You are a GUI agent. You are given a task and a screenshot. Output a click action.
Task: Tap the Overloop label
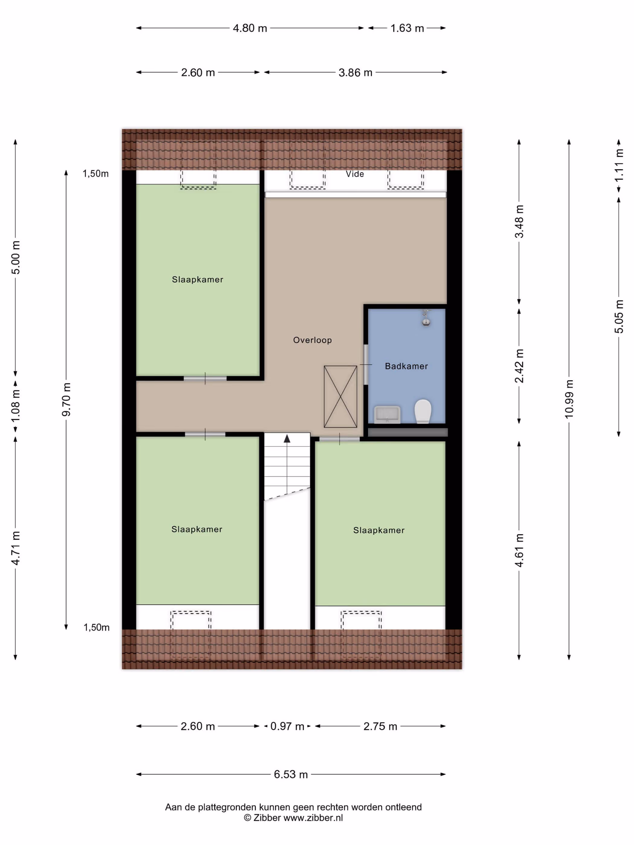click(x=312, y=340)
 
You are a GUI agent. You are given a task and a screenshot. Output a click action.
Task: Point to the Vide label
click(x=355, y=174)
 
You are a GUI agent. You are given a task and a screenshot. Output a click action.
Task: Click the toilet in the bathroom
click(x=423, y=411)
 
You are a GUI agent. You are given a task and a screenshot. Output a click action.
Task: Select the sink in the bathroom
click(x=387, y=414)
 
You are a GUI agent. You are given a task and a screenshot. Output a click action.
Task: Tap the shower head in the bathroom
click(x=426, y=318)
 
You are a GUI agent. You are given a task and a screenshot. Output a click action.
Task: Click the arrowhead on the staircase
click(x=287, y=438)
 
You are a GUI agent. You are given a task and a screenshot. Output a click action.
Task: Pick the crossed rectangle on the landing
click(x=340, y=397)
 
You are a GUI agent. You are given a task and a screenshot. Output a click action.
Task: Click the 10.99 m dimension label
click(x=569, y=399)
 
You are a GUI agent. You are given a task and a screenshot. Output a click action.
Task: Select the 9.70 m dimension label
click(x=66, y=399)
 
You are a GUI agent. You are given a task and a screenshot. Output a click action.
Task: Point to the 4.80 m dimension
click(x=250, y=28)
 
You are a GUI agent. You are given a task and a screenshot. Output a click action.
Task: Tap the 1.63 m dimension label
click(x=407, y=28)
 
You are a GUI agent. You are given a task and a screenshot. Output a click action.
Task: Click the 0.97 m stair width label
click(x=287, y=726)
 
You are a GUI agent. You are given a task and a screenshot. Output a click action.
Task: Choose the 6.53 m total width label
click(x=291, y=774)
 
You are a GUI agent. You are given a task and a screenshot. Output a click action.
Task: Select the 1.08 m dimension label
click(x=16, y=406)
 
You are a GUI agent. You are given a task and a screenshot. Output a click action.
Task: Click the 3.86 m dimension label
click(x=355, y=72)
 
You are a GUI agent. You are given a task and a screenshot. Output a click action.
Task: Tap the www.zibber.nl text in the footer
click(x=313, y=818)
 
